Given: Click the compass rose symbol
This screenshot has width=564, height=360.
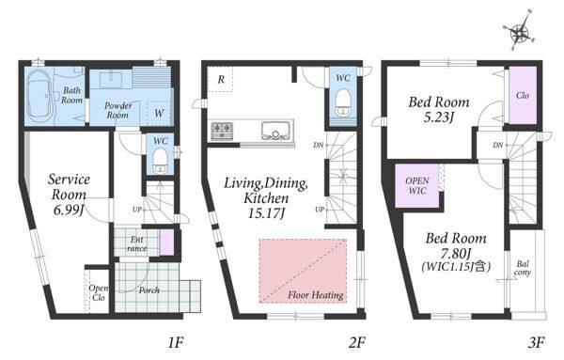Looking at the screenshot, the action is tap(520, 32).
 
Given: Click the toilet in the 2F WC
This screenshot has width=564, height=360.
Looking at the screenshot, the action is tap(342, 102).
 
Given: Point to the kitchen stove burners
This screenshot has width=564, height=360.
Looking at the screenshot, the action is tap(222, 131).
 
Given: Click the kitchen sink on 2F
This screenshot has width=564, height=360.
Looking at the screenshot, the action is tap(275, 131).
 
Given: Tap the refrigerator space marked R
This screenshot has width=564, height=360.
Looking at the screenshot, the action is tap(221, 79).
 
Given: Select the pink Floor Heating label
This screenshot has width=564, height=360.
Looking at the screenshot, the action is tap(315, 295).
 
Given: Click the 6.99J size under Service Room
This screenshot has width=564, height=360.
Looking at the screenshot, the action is tap(69, 211).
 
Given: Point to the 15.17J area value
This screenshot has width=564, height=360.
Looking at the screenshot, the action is tap(266, 213).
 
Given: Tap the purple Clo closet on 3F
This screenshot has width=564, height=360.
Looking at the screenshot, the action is tap(523, 96).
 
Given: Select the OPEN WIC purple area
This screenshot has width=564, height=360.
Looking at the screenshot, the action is tap(417, 185).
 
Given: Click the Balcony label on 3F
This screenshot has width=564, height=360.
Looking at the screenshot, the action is tap(523, 268).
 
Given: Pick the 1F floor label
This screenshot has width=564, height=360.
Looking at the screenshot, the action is tap(176, 343).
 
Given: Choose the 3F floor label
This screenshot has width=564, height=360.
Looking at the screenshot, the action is tap(536, 342).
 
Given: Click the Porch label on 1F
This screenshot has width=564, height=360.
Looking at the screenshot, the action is tap(149, 290).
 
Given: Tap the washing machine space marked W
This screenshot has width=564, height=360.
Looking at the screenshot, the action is tap(159, 114).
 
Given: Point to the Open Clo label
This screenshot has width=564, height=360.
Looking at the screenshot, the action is tap(98, 292).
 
